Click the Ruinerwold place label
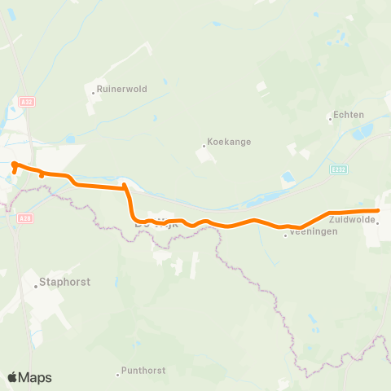(x=122, y=90)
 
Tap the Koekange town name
(x=229, y=141)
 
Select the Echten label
(x=348, y=116)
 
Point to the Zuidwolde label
(x=352, y=219)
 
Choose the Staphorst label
(x=64, y=283)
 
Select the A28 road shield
(x=24, y=218)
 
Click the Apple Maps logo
(x=29, y=377)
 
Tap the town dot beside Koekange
(x=204, y=147)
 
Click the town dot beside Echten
(x=330, y=120)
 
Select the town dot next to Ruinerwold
(x=94, y=93)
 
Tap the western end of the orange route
(x=15, y=165)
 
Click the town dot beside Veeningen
(x=285, y=235)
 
